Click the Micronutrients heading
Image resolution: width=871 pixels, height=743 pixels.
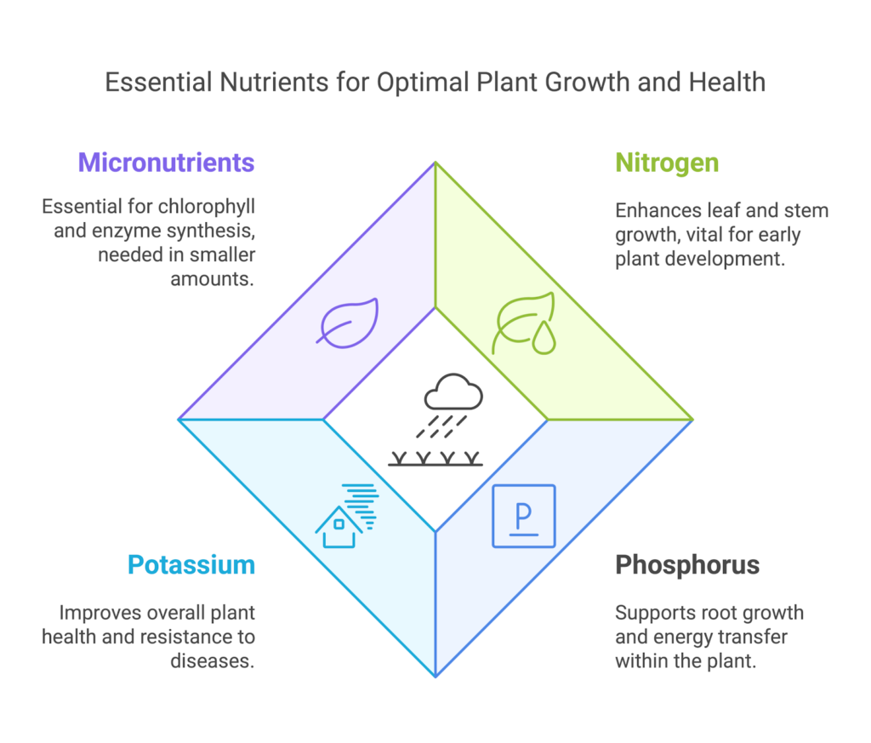[x=166, y=163]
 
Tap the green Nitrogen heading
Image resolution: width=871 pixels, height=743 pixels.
[x=667, y=163]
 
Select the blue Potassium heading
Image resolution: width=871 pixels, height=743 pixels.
[x=191, y=564]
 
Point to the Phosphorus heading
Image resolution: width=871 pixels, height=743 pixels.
[x=687, y=564]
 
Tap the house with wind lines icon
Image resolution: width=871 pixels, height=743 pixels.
[x=346, y=516]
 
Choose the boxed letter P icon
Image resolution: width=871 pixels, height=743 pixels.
[x=524, y=516]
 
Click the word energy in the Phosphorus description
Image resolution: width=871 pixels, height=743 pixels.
[x=692, y=637]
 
